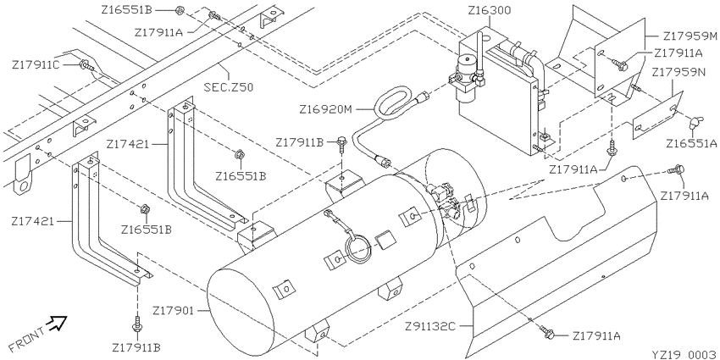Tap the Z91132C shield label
(429, 325)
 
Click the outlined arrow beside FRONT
(58, 321)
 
